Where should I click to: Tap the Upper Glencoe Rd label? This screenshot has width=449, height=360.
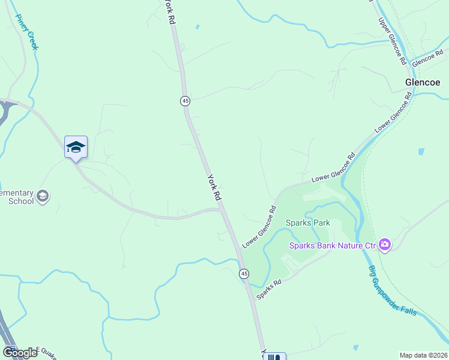(393, 41)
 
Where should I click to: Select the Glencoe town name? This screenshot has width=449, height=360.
(426, 82)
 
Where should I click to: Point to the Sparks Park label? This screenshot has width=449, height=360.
(308, 223)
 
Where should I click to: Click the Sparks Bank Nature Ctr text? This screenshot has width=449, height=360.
(333, 245)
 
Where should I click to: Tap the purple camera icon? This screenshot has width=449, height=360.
(385, 244)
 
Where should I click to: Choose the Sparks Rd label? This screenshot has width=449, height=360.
(269, 289)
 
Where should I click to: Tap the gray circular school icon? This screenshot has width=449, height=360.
(43, 196)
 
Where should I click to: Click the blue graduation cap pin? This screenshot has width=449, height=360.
(76, 147)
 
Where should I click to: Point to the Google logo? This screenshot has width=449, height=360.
(19, 353)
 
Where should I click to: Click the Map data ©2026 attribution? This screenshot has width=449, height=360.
(423, 355)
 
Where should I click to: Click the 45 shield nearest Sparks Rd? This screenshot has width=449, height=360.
(244, 274)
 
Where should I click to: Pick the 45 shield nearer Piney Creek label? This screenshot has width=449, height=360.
(185, 101)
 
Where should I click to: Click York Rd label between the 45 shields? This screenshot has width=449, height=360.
(214, 187)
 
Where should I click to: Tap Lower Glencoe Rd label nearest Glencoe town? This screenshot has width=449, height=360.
(393, 115)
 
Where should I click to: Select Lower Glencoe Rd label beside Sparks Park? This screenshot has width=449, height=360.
(259, 227)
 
